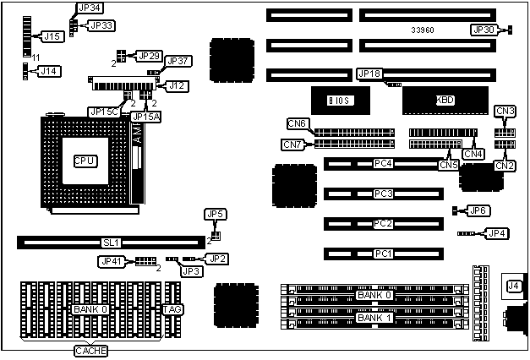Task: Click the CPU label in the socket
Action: pyautogui.click(x=85, y=161)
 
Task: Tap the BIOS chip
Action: pyautogui.click(x=339, y=101)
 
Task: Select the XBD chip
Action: pyautogui.click(x=445, y=100)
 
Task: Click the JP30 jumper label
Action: pyautogui.click(x=484, y=30)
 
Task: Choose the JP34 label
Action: pyautogui.click(x=89, y=8)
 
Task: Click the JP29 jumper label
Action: pyautogui.click(x=149, y=56)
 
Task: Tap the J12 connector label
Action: pyautogui.click(x=177, y=85)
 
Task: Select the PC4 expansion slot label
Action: pyautogui.click(x=383, y=163)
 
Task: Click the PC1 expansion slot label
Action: pyautogui.click(x=383, y=254)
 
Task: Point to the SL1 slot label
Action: pyautogui.click(x=112, y=243)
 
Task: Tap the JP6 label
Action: pyautogui.click(x=478, y=210)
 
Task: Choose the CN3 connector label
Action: pyautogui.click(x=505, y=111)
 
